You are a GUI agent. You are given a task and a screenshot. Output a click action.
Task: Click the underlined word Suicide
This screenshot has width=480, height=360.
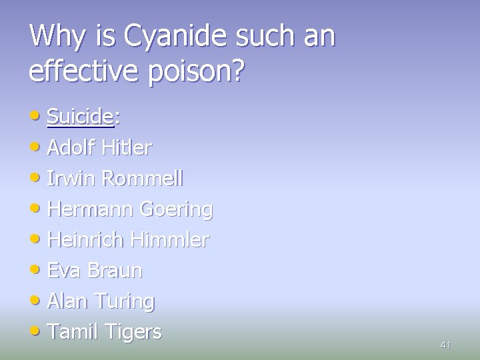(x=80, y=117)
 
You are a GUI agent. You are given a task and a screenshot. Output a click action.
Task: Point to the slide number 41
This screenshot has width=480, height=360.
(x=446, y=345)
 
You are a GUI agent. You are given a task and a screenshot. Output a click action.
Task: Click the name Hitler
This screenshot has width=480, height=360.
(x=127, y=147)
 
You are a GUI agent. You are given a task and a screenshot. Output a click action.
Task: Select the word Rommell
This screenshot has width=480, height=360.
(x=143, y=178)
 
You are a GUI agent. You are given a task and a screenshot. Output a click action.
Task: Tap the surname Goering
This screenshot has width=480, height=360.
(x=176, y=209)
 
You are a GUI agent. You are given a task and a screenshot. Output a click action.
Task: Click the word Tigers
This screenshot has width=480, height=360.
(x=133, y=331)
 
